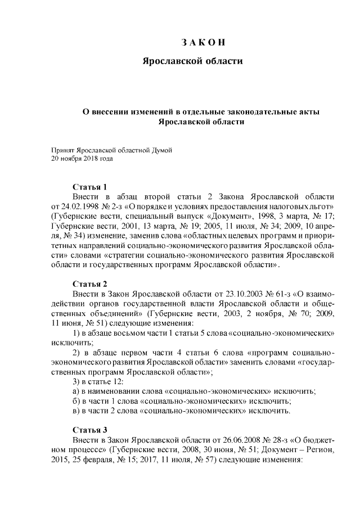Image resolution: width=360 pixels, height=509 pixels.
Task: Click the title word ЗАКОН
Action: pos(204,43)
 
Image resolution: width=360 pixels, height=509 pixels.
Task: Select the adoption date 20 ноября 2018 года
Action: pos(82,159)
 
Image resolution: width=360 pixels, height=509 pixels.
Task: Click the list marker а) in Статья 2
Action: pos(76,391)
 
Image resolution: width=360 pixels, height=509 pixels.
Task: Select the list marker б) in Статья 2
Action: pos(76,401)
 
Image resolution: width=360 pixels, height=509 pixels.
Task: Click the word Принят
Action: pos(63,150)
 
